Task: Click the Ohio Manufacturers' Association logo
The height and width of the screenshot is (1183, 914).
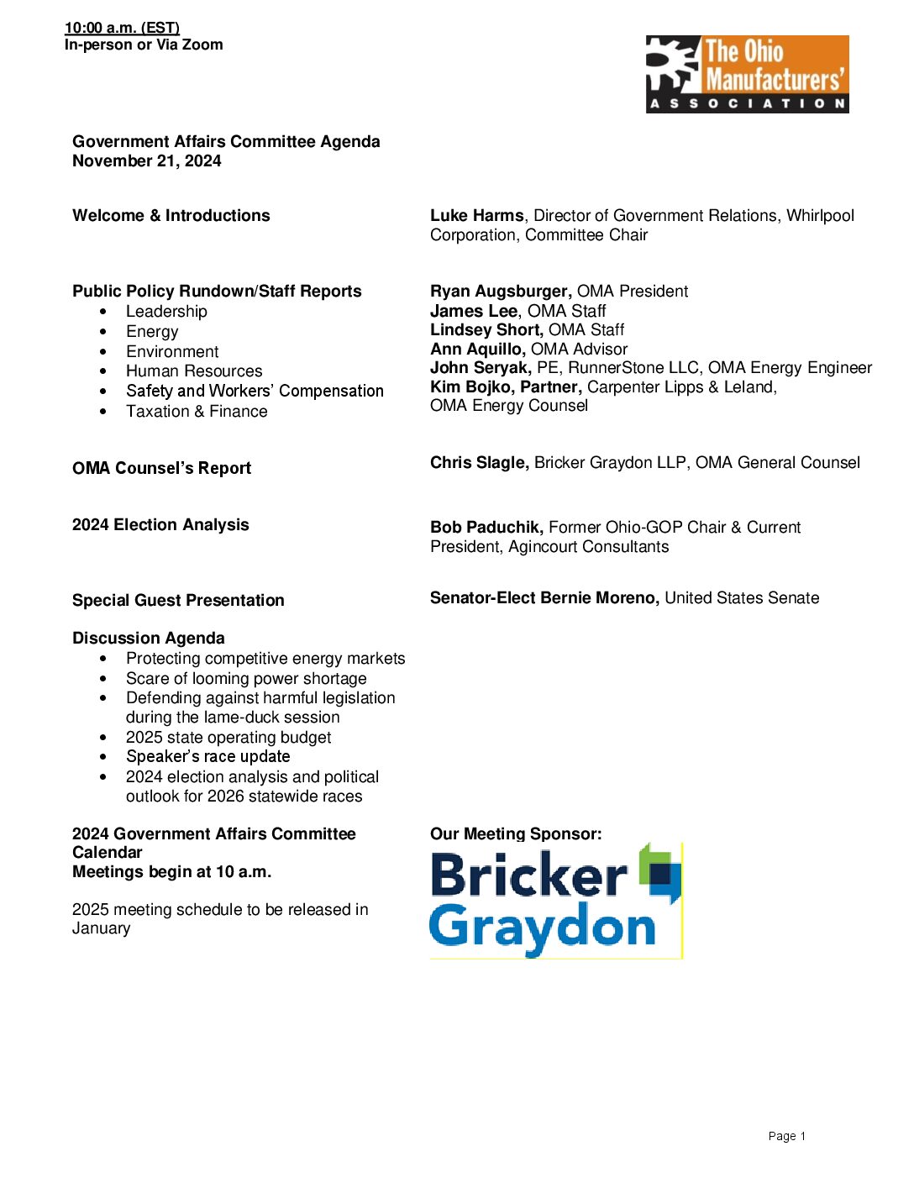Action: (x=747, y=74)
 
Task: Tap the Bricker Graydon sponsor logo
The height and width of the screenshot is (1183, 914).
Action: (x=555, y=900)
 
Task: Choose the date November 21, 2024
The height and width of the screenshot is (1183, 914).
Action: (x=147, y=161)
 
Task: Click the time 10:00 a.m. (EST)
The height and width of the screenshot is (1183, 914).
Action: (x=122, y=28)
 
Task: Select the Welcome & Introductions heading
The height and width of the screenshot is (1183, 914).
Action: (x=171, y=216)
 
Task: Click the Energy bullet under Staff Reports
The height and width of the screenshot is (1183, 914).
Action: (x=152, y=332)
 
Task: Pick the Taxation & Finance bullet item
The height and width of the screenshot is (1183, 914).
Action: (x=197, y=412)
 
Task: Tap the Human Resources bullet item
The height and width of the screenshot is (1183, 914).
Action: (x=194, y=371)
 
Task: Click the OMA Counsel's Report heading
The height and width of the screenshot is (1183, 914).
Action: (x=161, y=469)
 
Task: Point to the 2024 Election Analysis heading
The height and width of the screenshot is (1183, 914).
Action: (x=160, y=525)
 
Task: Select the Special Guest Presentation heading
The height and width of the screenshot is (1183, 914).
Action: (x=178, y=601)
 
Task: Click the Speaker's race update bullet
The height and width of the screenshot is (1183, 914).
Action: (x=207, y=757)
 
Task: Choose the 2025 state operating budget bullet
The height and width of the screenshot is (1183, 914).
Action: (x=228, y=738)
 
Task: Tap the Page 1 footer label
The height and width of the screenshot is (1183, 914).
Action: (x=786, y=1136)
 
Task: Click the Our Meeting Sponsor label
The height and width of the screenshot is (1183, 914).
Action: (x=516, y=834)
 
